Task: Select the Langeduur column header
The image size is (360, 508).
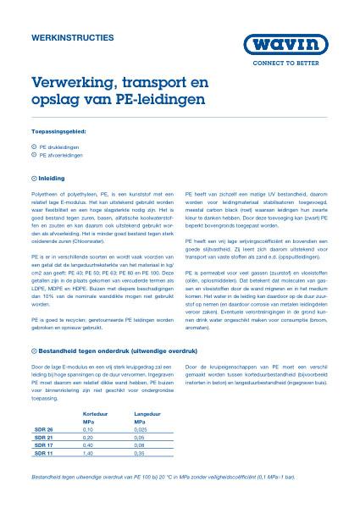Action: [x=147, y=412]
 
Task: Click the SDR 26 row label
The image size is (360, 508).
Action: [x=43, y=429]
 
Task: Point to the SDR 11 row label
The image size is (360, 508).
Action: [x=43, y=454]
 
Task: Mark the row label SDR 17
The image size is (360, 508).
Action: [x=43, y=445]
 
